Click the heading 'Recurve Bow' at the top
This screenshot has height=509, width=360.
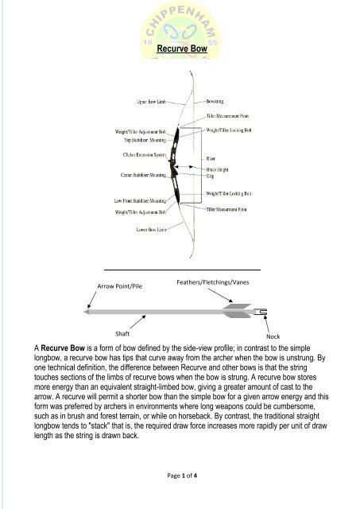(180, 50)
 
